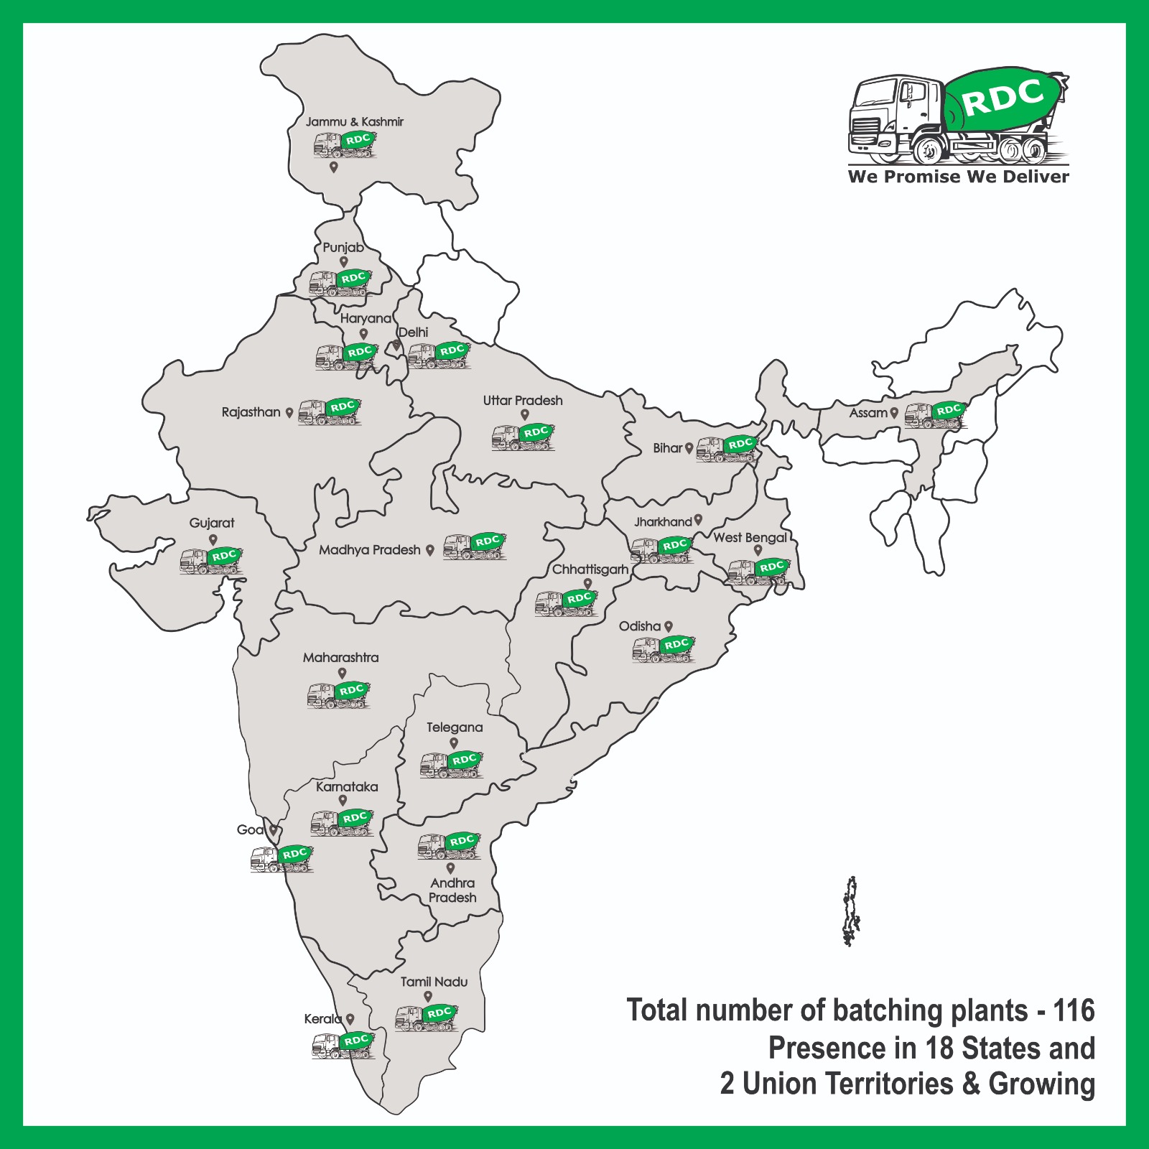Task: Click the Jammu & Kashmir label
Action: (354, 122)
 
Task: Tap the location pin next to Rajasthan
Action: (289, 413)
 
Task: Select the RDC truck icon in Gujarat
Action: (211, 560)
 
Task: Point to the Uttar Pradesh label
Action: (523, 401)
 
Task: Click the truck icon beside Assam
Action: (934, 414)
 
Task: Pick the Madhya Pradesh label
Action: (370, 550)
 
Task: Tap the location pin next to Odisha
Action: (669, 626)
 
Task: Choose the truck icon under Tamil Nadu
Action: (427, 1017)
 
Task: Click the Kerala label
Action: (322, 1019)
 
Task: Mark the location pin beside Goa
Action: (274, 830)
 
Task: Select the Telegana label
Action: (455, 727)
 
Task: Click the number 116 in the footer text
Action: (1074, 1010)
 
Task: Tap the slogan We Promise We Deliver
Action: (958, 177)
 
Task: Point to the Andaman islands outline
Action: (851, 911)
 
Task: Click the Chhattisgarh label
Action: (590, 569)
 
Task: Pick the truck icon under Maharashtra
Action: (338, 694)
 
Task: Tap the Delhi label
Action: (414, 332)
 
